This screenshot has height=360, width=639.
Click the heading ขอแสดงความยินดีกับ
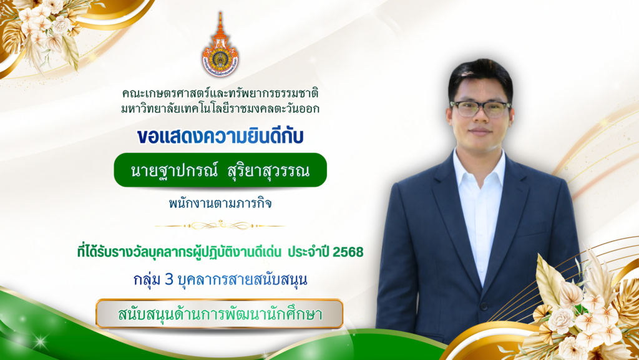coord(220,135)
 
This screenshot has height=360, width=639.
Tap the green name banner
coord(220,170)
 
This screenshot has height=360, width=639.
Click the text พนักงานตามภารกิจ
coord(220,203)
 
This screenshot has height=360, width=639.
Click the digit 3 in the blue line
coord(168,280)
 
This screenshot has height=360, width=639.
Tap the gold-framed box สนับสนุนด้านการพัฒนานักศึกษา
coord(220,314)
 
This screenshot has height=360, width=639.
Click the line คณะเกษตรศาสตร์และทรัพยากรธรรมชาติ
coord(220,94)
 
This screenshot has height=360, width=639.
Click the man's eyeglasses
coord(480,108)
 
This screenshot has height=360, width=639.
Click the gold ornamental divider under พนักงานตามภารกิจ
coord(220,225)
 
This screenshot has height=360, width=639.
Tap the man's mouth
coord(479,132)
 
